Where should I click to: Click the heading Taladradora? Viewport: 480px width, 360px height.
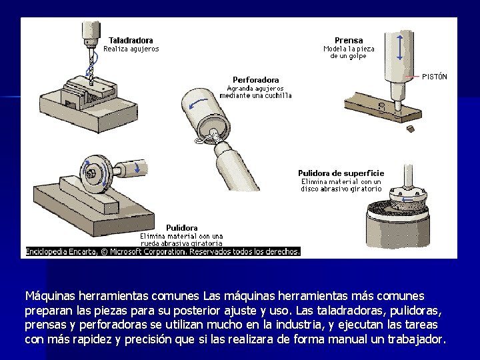[x=131, y=41]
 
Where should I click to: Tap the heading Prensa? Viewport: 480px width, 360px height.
[x=349, y=41]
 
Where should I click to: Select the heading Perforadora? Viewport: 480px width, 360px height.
[x=255, y=80]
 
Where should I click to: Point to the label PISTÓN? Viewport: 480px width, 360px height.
[x=435, y=77]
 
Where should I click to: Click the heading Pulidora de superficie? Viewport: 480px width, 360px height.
[x=341, y=173]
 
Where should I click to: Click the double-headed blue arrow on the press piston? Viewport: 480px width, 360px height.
[x=399, y=47]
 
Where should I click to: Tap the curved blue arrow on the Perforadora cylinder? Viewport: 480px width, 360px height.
[x=198, y=103]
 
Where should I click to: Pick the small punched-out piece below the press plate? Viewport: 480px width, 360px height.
[x=411, y=129]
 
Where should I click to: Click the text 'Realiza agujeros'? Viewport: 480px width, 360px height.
[x=131, y=49]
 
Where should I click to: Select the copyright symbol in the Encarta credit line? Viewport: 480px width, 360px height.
[x=104, y=251]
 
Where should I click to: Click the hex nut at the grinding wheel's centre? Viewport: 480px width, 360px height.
[x=91, y=174]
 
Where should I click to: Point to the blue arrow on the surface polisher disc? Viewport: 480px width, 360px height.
[x=407, y=200]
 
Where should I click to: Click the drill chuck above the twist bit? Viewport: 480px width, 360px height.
[x=91, y=42]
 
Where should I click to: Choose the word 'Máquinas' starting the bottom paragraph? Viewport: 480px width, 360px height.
[x=50, y=296]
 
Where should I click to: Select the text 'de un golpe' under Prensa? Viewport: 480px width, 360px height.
[x=349, y=56]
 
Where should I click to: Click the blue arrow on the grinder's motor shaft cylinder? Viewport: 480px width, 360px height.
[x=137, y=167]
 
